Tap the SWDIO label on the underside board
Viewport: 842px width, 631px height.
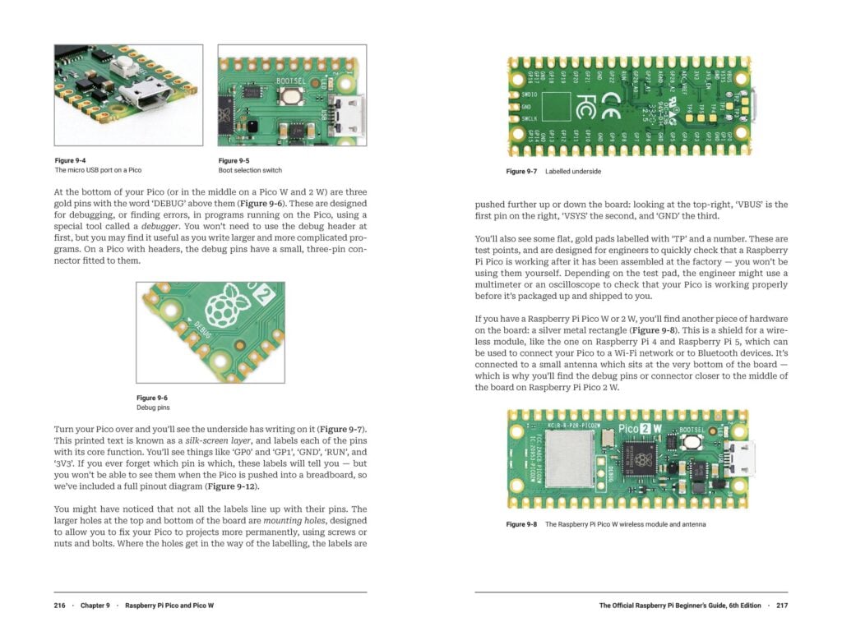pyautogui.click(x=530, y=95)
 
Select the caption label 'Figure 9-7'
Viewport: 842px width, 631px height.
pyautogui.click(x=520, y=172)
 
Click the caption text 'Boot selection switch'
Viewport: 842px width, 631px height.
pyautogui.click(x=250, y=170)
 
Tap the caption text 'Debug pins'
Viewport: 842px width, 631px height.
pyautogui.click(x=152, y=408)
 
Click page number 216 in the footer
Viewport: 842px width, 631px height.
pyautogui.click(x=60, y=606)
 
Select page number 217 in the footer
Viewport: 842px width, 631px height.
pyautogui.click(x=780, y=606)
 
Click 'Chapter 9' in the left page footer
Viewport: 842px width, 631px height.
pyautogui.click(x=95, y=606)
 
